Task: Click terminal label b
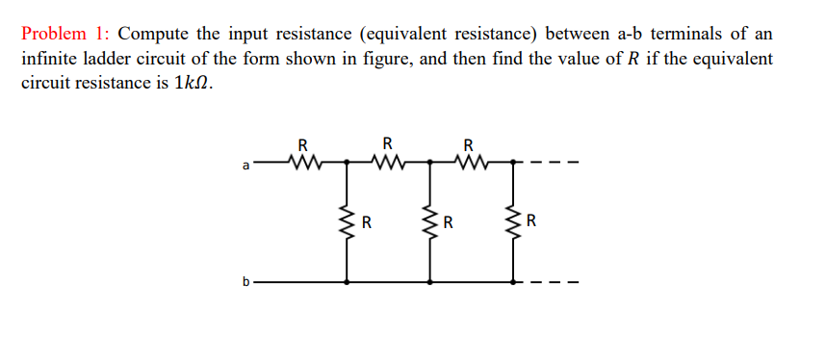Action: [245, 283]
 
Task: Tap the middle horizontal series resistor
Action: [387, 161]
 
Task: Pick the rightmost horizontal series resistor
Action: [469, 161]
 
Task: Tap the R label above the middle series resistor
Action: [387, 145]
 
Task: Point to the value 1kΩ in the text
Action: [191, 83]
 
